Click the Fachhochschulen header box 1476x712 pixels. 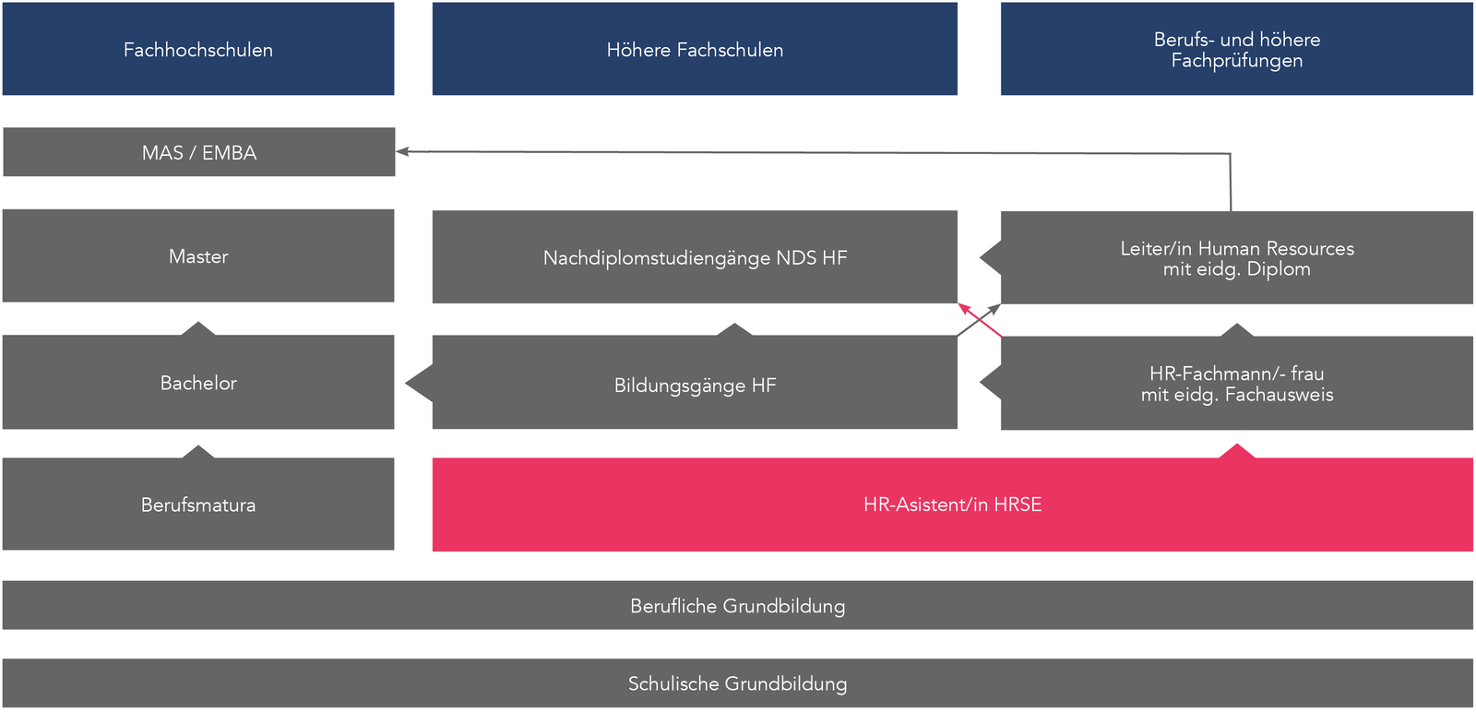click(x=198, y=49)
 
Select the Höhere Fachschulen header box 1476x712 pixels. click(x=695, y=49)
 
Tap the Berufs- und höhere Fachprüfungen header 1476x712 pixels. click(x=1236, y=49)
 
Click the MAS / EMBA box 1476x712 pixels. click(x=198, y=152)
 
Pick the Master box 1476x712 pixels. click(x=198, y=256)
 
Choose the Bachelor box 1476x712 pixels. click(x=198, y=383)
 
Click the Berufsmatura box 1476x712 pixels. click(x=198, y=504)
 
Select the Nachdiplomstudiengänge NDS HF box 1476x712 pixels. click(x=695, y=257)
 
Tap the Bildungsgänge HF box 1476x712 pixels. click(x=695, y=385)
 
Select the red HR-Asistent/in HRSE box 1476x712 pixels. click(x=952, y=504)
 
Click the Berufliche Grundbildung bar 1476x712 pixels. click(x=737, y=606)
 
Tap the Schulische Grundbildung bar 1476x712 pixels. click(x=737, y=683)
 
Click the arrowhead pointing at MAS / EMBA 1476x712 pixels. click(x=402, y=151)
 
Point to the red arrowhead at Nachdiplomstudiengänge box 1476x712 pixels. click(x=963, y=308)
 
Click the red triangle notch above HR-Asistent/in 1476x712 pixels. click(x=1237, y=452)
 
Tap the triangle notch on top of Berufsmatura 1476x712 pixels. click(x=198, y=452)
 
